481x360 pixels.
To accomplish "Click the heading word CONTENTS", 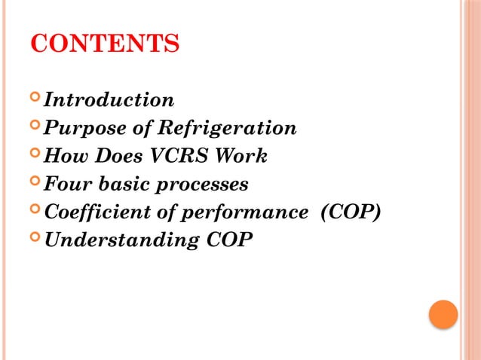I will click(x=105, y=44).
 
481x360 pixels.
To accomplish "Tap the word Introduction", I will click(x=109, y=99).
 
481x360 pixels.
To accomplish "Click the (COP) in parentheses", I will click(x=350, y=212).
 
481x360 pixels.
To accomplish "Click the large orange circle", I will click(x=443, y=314).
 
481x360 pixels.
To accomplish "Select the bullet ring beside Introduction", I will click(x=35, y=99).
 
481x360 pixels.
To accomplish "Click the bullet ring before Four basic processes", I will click(x=35, y=183).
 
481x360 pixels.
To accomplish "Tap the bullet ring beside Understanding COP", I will click(x=35, y=239).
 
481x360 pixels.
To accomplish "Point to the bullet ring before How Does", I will click(x=35, y=155).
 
